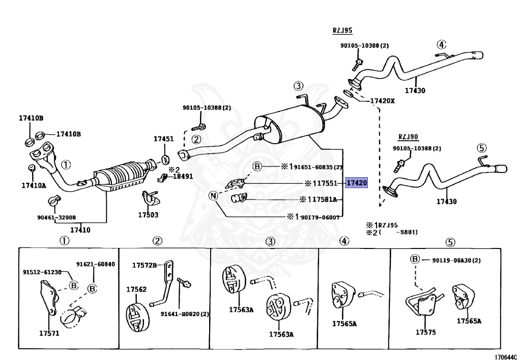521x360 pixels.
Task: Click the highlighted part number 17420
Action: click(x=356, y=183)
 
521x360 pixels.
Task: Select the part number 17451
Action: click(x=164, y=139)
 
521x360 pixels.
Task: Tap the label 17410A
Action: click(x=34, y=185)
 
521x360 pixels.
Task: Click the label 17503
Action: click(x=148, y=215)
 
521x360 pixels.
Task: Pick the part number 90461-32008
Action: click(x=56, y=216)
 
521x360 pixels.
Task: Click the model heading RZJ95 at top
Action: click(x=342, y=31)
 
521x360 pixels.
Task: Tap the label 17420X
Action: click(x=382, y=100)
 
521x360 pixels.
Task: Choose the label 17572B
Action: click(x=145, y=265)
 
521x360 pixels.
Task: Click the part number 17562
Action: click(x=136, y=289)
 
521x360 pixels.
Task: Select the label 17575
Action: click(x=425, y=333)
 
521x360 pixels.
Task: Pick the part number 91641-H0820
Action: click(x=184, y=314)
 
